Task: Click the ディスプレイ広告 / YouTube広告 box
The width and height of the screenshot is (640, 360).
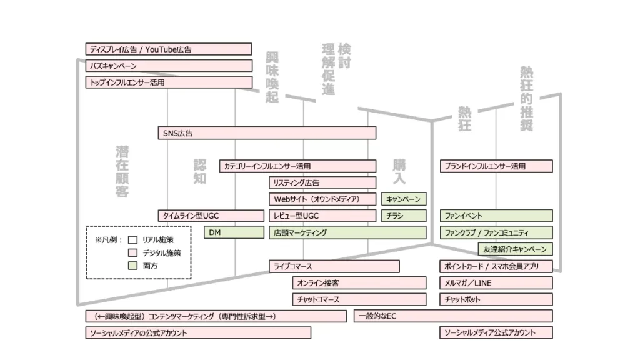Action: [x=169, y=49]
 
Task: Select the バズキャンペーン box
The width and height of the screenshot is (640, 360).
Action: [x=169, y=66]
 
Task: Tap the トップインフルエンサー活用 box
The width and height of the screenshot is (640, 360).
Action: [x=169, y=82]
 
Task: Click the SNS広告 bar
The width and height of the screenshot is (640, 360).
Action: [x=267, y=132]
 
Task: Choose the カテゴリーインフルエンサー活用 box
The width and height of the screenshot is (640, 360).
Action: [x=298, y=166]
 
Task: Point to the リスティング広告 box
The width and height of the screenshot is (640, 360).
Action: [x=322, y=182]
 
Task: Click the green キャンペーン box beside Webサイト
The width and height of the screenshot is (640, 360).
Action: [x=404, y=199]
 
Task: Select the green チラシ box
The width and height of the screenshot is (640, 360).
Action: [x=404, y=216]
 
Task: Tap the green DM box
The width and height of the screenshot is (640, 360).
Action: [x=234, y=232]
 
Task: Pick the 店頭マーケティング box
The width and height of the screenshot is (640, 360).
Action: [x=347, y=232]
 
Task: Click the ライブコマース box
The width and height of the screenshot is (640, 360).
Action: [x=334, y=266]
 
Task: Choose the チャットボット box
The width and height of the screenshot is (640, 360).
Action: [x=496, y=300]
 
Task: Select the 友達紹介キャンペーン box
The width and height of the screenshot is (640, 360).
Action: [x=515, y=249]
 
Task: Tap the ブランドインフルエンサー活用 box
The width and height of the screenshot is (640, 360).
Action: [x=496, y=166]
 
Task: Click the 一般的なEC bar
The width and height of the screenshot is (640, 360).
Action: [x=453, y=316]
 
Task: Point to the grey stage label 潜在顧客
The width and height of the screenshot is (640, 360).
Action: [x=122, y=171]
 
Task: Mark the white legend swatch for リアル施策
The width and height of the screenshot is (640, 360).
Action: [x=132, y=239]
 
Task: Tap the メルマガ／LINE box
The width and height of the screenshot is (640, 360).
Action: [x=496, y=283]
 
